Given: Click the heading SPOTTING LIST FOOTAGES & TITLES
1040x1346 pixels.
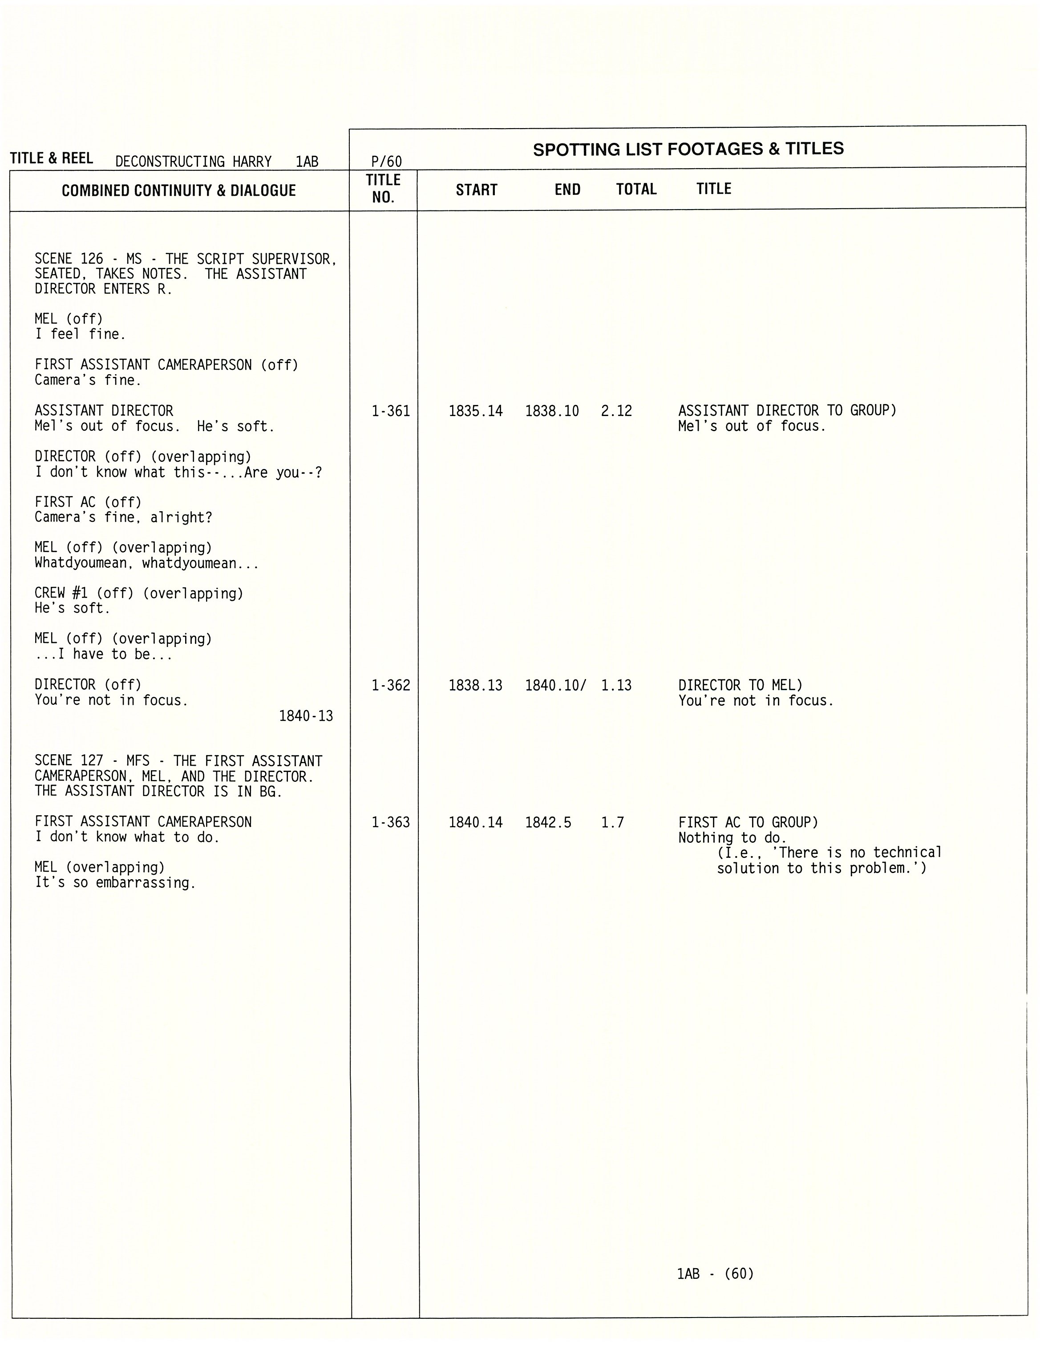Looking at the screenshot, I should (x=688, y=149).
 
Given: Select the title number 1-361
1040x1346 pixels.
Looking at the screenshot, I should (x=390, y=411).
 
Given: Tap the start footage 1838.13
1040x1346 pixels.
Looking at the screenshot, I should (x=475, y=685).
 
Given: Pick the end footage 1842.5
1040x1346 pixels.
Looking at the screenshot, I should (x=548, y=822).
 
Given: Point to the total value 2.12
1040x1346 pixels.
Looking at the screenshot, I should (x=616, y=411).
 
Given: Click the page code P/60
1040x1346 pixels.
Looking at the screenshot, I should (x=387, y=162).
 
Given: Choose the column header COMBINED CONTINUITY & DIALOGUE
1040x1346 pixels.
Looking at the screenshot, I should (x=179, y=190).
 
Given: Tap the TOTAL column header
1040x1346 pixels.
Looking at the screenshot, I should (x=636, y=189).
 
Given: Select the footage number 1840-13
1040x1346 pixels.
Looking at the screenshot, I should (x=306, y=715).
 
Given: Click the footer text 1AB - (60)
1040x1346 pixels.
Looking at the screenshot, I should (x=715, y=1273).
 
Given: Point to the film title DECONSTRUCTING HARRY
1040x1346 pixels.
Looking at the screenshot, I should (x=194, y=162).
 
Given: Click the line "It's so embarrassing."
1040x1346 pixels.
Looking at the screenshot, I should (x=115, y=882).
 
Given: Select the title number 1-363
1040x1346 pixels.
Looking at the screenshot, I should (x=390, y=822).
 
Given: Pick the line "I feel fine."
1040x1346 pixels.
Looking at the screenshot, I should (x=80, y=334).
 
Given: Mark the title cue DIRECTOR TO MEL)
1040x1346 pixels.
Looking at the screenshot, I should (x=741, y=685).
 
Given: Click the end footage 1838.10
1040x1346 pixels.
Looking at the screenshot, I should (x=552, y=411).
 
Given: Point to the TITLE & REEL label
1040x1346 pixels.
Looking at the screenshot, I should (x=52, y=158).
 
